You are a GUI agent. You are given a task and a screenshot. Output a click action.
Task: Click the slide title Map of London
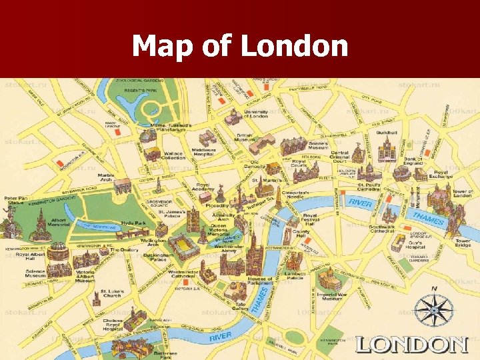point(240,47)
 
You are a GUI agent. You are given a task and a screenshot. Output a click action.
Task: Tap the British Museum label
point(245,138)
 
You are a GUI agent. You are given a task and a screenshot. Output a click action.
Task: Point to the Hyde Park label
point(134,223)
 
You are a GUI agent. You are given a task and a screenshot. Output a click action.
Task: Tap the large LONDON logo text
point(411,344)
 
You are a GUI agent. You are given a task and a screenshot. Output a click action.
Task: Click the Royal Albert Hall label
point(30,257)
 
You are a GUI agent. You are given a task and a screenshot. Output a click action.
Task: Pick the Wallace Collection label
point(173,155)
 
